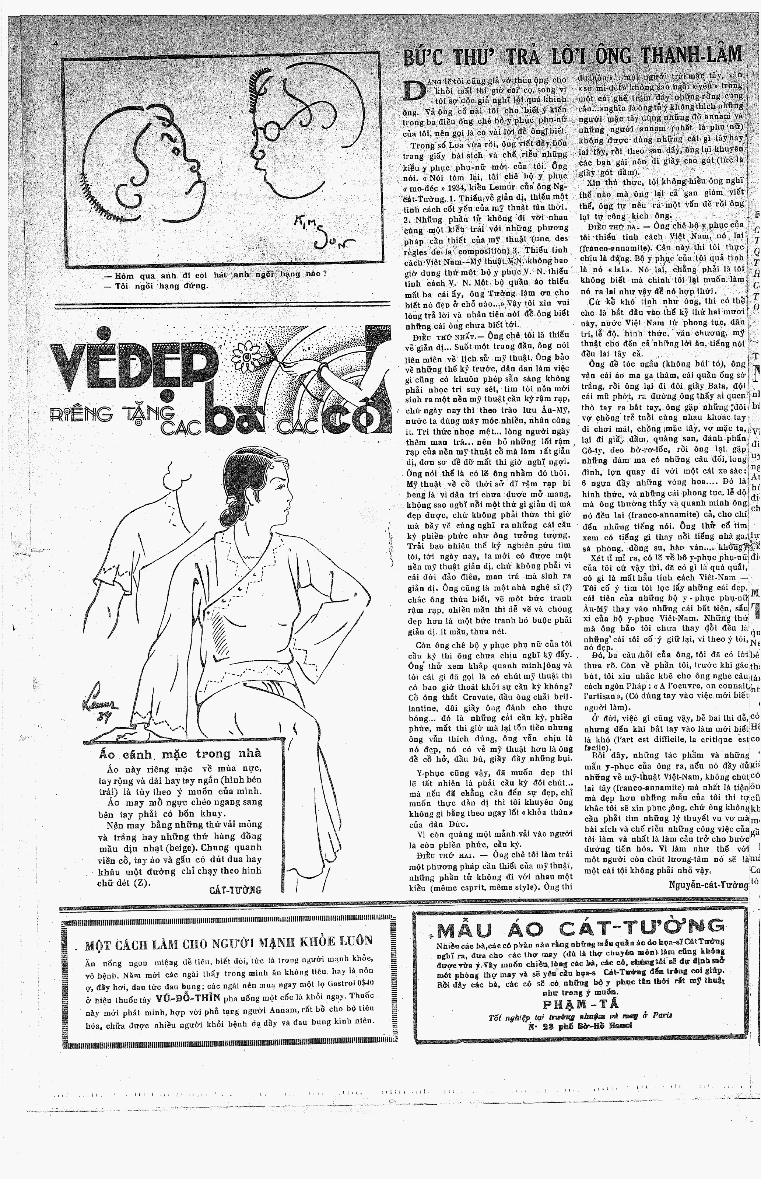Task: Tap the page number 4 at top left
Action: click(x=56, y=44)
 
